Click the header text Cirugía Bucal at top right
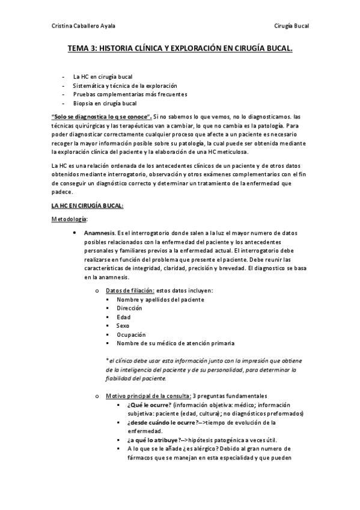tap(291, 26)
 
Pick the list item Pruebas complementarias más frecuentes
tap(130, 94)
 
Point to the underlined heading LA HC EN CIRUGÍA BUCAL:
tap(87, 206)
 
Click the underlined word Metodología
tap(69, 219)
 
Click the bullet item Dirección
tap(130, 308)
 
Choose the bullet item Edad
tap(124, 317)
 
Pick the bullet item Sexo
tap(123, 325)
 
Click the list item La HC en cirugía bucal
tap(102, 77)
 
